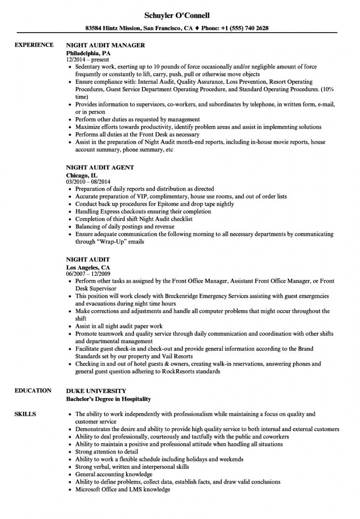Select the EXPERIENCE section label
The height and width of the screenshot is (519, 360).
tap(34, 45)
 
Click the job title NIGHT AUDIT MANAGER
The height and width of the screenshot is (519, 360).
tap(106, 46)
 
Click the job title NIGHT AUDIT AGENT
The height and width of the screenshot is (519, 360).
tap(100, 167)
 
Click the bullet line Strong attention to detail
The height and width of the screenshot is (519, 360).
tap(107, 452)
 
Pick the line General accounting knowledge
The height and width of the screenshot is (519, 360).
tap(113, 474)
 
